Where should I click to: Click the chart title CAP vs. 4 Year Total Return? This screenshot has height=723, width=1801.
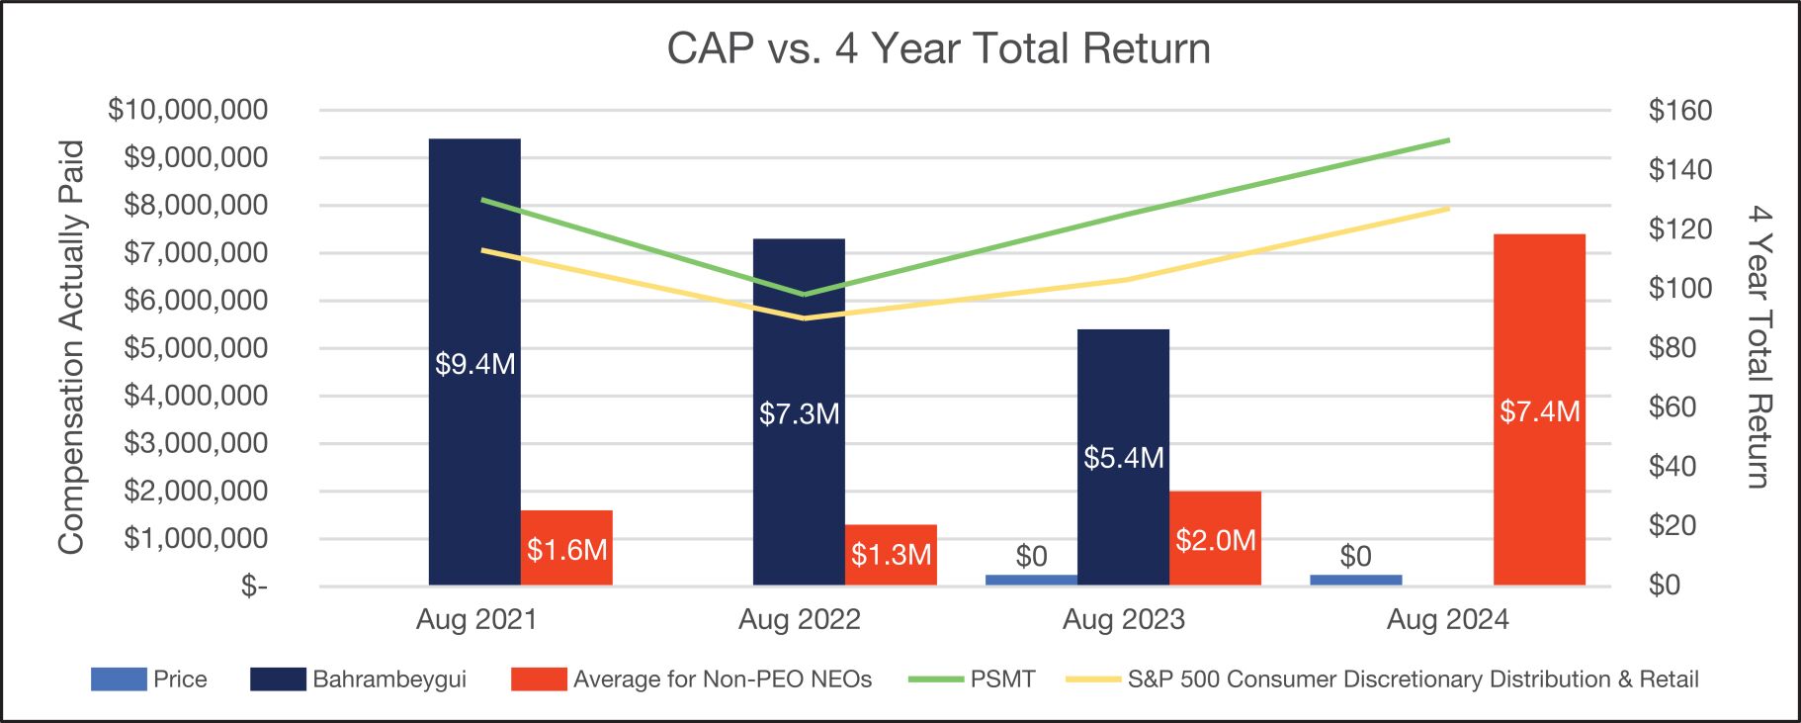938,48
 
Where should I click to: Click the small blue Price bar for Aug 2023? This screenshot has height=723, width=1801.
1031,580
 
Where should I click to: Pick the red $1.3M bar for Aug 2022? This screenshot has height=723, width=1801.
891,554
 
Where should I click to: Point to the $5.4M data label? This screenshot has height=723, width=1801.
1123,458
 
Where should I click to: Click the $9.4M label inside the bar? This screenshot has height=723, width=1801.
474,364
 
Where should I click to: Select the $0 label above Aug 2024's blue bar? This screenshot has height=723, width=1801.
1355,556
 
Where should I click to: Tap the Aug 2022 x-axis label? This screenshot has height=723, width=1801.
799,620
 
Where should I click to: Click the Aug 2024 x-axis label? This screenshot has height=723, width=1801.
1447,620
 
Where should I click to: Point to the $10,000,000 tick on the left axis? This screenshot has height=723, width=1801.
188,110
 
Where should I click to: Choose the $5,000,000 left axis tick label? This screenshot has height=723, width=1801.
196,348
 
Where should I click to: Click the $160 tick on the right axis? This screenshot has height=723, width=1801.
1679,110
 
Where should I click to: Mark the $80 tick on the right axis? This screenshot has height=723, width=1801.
1672,348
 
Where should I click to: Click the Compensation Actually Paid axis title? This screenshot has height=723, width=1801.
70,346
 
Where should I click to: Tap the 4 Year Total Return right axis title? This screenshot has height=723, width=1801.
1758,346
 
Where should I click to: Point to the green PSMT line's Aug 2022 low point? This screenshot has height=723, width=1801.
805,294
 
